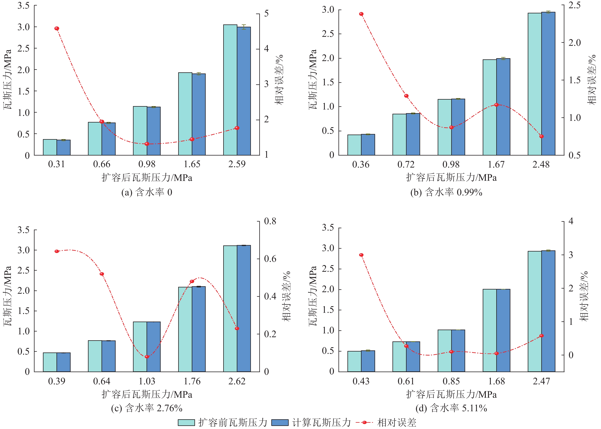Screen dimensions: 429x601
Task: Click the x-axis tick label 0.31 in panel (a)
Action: [56, 164]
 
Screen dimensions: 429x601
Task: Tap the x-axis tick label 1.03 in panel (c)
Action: [147, 381]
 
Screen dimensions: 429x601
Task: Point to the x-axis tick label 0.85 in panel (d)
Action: [451, 381]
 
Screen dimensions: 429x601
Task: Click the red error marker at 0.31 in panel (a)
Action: [57, 28]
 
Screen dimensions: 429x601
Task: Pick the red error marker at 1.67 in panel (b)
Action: [496, 105]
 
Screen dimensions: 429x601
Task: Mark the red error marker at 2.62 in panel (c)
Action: [237, 328]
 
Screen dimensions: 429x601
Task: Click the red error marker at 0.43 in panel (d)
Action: [361, 255]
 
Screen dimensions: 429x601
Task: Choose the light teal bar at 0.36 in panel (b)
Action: [354, 145]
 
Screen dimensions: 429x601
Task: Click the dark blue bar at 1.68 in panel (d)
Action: [503, 330]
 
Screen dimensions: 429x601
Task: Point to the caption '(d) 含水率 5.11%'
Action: [451, 408]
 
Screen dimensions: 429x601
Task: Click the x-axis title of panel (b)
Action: [451, 177]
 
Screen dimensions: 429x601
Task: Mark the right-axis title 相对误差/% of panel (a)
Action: [279, 80]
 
